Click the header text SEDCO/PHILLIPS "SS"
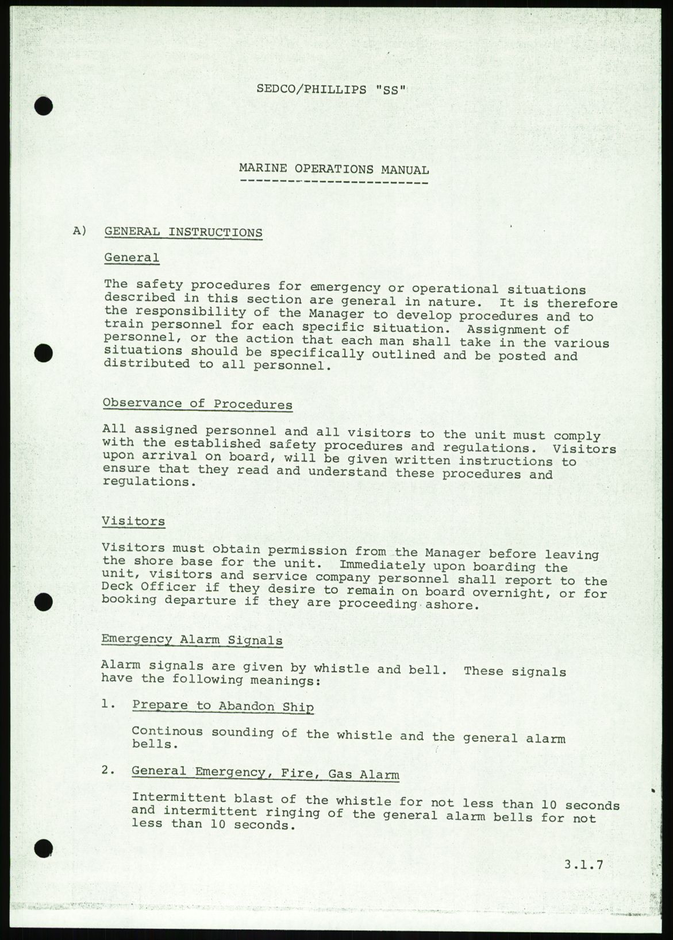coord(332,90)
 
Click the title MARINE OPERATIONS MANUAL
coord(334,169)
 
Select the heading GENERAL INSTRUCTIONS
coord(183,232)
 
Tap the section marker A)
coord(80,231)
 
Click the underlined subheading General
coord(132,257)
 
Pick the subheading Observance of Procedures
coord(197,404)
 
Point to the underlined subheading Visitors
coord(133,521)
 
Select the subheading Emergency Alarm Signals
coord(192,640)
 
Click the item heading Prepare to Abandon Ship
coord(223,706)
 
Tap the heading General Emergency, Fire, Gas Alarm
coord(265,773)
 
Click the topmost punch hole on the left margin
coord(43,106)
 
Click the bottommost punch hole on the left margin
coord(43,848)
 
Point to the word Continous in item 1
coord(167,731)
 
